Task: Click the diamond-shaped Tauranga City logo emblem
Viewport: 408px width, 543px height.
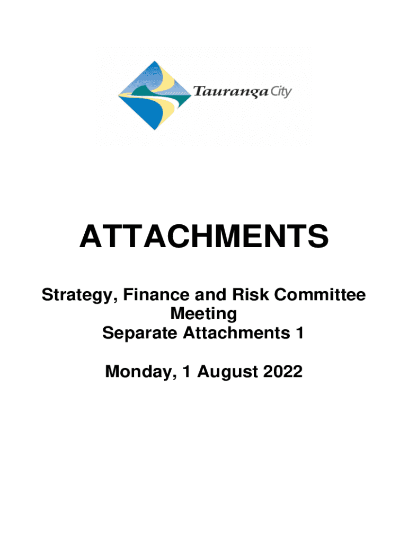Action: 154,95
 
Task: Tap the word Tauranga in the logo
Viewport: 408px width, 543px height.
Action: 230,92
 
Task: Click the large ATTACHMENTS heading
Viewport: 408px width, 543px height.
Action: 204,236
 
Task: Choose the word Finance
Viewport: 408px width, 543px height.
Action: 156,294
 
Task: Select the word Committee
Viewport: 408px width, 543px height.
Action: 320,294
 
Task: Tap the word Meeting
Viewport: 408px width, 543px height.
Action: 203,314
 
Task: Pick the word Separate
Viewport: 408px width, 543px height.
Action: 140,333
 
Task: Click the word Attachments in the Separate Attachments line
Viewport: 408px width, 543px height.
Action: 237,333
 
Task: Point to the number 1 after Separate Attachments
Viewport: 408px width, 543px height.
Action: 300,333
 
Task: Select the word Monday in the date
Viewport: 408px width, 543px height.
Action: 139,372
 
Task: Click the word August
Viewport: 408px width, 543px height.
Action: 227,372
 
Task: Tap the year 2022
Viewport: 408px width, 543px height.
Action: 283,371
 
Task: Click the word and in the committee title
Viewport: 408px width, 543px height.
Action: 210,294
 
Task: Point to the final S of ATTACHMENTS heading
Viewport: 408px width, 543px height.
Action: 318,236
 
